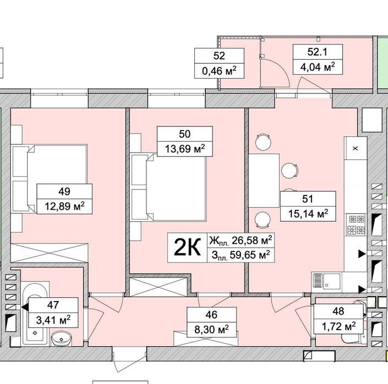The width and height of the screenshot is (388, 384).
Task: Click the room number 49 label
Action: pyautogui.click(x=64, y=191)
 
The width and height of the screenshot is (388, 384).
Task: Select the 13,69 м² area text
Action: pyautogui.click(x=185, y=149)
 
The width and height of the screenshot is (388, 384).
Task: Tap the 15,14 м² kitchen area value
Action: pyautogui.click(x=308, y=214)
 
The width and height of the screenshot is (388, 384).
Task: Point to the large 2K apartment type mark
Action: pyautogui.click(x=187, y=248)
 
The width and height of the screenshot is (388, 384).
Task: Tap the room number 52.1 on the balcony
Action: pyautogui.click(x=318, y=52)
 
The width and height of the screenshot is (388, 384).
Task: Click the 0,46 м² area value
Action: pyautogui.click(x=219, y=71)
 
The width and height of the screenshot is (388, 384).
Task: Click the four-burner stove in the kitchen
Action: pyautogui.click(x=356, y=225)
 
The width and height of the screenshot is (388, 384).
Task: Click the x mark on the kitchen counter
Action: pyautogui.click(x=356, y=148)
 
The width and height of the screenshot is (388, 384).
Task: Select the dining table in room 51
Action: pyautogui.click(x=264, y=181)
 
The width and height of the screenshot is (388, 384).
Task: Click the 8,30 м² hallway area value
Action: pyautogui.click(x=211, y=329)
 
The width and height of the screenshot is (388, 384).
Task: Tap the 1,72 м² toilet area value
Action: pyautogui.click(x=339, y=326)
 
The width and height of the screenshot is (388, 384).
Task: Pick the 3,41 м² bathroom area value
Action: pyautogui.click(x=53, y=320)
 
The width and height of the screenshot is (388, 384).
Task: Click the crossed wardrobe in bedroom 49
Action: pyautogui.click(x=49, y=253)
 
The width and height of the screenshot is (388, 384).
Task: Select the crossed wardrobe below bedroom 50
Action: pyautogui.click(x=159, y=287)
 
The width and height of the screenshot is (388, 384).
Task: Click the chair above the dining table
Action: pyautogui.click(x=263, y=142)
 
